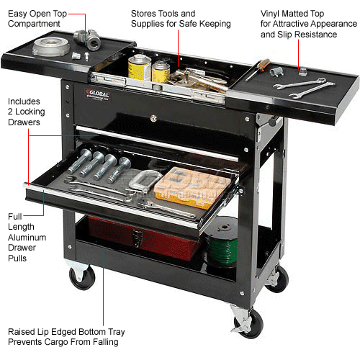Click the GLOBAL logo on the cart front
(99, 91)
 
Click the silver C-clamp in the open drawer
(143, 180)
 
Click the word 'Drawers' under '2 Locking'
(24, 122)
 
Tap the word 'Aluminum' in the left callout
(27, 237)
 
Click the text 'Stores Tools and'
(163, 13)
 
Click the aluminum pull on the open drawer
(108, 205)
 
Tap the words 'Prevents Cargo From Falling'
(63, 342)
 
